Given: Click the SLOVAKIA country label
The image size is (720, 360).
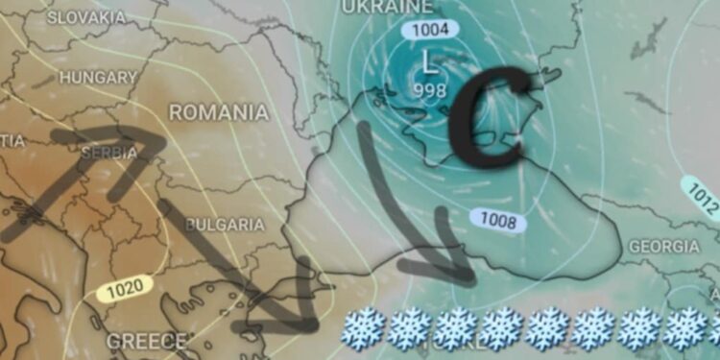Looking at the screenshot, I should tap(85, 17).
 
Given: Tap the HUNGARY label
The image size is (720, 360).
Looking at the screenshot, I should tap(98, 77).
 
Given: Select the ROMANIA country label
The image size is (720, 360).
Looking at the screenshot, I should tap(218, 112).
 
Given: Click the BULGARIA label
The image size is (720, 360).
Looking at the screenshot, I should tap(224, 225).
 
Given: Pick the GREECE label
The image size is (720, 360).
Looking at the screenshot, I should tap(146, 340).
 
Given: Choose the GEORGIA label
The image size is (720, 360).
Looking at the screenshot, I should tap(663, 247).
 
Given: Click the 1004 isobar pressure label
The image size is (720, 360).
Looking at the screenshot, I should tap(429, 30).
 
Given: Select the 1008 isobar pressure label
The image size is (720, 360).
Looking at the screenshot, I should tap(498, 223).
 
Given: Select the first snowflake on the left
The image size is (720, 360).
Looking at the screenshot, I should tap(364, 328).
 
